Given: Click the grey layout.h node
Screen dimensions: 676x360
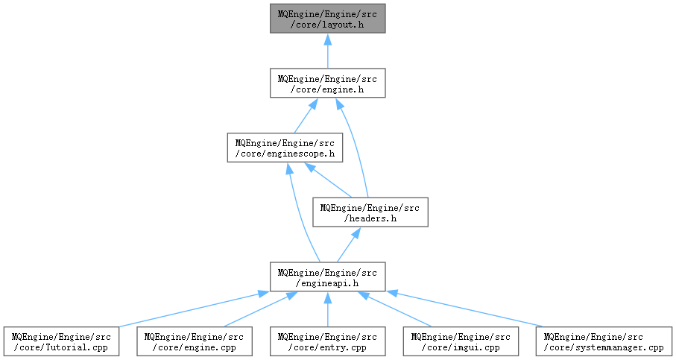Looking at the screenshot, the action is [328, 19].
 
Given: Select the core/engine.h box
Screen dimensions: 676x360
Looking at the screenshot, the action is [328, 83].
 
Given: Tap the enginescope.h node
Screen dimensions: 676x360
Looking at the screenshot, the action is [285, 148].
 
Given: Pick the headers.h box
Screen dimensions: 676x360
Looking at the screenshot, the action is [370, 212].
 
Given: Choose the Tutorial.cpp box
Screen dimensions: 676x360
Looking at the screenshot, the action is [61, 341].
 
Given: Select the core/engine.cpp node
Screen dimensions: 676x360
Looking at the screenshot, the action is [195, 341].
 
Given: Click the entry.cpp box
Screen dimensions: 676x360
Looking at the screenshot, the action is [328, 341].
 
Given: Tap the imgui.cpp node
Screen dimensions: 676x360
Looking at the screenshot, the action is [461, 341].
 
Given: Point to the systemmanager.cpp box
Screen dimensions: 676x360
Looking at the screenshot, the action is [604, 341].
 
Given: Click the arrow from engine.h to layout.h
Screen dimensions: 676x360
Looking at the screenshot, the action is [328, 51].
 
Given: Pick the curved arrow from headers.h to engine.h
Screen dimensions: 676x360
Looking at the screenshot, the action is [355, 146].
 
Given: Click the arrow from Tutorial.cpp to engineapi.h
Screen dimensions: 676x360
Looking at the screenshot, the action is [194, 309].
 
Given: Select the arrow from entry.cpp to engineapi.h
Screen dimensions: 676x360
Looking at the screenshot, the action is [328, 309].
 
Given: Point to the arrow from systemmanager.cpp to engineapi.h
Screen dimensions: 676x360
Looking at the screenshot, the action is [465, 309].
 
